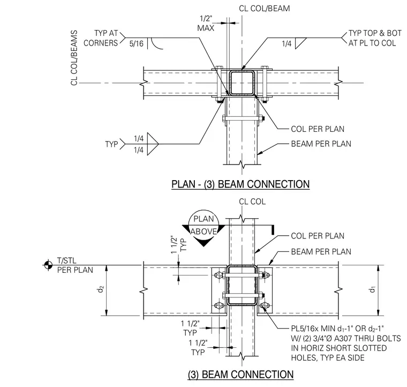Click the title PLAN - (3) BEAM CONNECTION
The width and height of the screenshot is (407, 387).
click(240, 184)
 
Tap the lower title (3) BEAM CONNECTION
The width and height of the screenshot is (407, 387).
click(240, 374)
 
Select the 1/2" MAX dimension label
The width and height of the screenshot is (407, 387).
click(206, 24)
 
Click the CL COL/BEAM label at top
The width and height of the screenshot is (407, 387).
click(264, 9)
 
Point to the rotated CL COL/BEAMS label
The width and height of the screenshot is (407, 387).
click(74, 58)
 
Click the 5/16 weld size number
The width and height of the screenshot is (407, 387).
click(136, 43)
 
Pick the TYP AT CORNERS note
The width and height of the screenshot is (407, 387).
click(101, 38)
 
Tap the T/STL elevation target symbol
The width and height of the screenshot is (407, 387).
click(48, 265)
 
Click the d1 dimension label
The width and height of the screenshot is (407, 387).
click(373, 289)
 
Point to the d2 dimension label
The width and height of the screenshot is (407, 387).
click(101, 289)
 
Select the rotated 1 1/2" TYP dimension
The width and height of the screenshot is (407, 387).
click(179, 244)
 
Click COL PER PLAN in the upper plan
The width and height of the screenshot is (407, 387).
click(318, 129)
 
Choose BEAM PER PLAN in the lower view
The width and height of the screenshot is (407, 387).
click(321, 252)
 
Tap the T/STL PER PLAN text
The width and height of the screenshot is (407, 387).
click(75, 265)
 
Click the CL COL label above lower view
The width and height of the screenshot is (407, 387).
click(252, 202)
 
